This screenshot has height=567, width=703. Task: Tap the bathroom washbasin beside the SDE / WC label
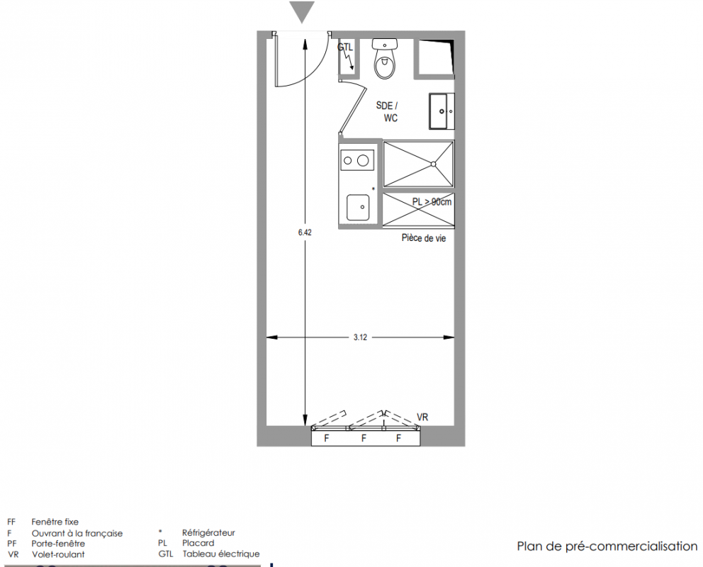coord(442,111)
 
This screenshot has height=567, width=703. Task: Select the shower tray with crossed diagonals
coord(418,164)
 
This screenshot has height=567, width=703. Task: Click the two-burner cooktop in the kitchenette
coord(357,160)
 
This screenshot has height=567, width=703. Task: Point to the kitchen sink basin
coord(358,208)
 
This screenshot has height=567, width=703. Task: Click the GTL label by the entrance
coord(345,47)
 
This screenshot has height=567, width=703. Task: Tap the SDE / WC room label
coord(387,112)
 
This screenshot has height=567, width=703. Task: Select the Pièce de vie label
coord(424,238)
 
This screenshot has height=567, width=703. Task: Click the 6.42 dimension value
coord(305,232)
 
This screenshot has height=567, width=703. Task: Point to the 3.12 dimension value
coord(360,337)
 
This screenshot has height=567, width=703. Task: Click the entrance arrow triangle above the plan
coord(302,11)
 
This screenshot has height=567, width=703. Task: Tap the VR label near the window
coord(422,417)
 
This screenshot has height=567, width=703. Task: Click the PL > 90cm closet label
coord(432,202)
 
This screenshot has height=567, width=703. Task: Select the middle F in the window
coord(364,438)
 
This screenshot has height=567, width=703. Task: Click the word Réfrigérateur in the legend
coord(208,533)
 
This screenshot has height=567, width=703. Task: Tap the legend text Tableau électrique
coord(221,554)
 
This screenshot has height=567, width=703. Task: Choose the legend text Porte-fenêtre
coord(58,544)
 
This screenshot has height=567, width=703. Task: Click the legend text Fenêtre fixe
coord(55,522)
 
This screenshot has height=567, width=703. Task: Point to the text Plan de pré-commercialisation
coord(607,546)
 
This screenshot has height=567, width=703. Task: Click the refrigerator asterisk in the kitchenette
coord(373,189)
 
